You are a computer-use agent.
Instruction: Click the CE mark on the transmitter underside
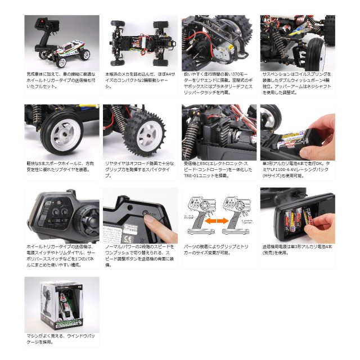click(x=120, y=205)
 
